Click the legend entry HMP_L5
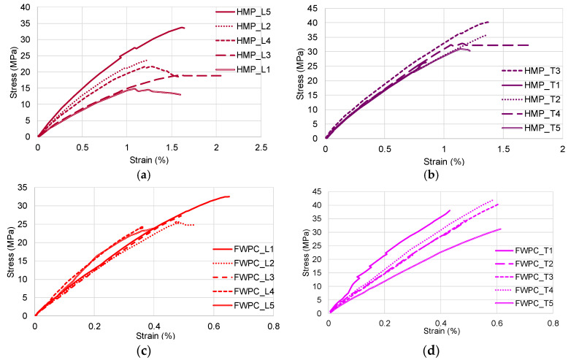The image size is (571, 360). tap(251, 12)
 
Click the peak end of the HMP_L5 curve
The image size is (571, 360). tap(183, 28)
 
